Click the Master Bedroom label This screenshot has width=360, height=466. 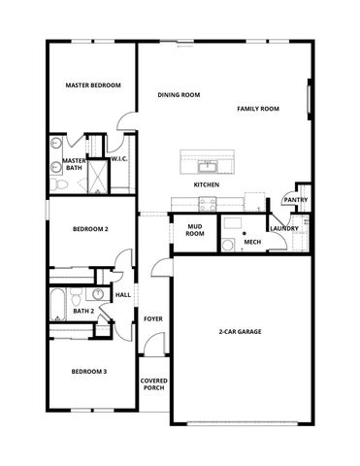pos(93,85)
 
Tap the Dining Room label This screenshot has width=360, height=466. pos(179,95)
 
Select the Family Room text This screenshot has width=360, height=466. pos(258,109)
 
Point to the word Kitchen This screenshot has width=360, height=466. pos(206,184)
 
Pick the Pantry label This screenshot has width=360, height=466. pos(296,201)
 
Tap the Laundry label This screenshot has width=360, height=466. pos(284,229)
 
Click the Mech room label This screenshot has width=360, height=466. pos(253,242)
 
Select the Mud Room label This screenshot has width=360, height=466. pos(195,230)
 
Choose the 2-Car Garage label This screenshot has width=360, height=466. pos(240,332)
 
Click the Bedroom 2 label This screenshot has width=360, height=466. pos(90,229)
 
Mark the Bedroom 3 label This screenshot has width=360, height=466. pos(89,372)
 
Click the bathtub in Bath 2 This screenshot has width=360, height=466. pos(57,302)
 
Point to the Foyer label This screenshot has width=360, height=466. pos(153,318)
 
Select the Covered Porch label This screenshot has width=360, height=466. pos(153,384)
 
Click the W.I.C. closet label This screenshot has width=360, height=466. pos(119,159)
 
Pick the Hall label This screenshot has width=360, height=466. pos(123,295)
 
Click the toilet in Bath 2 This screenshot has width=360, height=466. pos(98,294)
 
